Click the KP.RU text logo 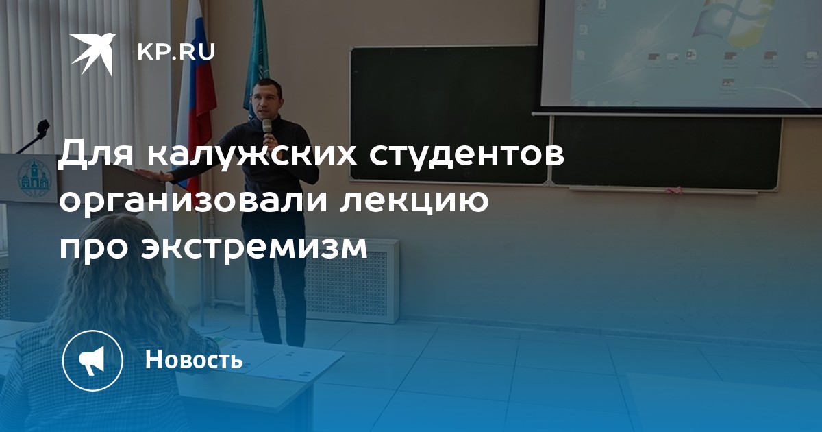click(x=176, y=52)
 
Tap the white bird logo click(x=92, y=53)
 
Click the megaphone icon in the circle click(x=92, y=361)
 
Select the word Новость click(x=194, y=359)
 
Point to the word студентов click(x=466, y=153)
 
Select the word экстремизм click(x=254, y=248)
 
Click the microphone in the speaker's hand click(x=267, y=128)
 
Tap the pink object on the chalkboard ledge click(x=675, y=191)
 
